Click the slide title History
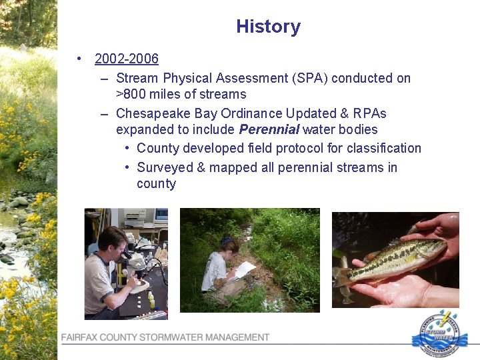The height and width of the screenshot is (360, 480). click(x=268, y=27)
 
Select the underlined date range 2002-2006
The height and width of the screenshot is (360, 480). click(x=127, y=59)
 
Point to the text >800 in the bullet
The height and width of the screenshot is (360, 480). click(x=132, y=95)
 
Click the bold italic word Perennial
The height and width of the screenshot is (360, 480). click(x=269, y=130)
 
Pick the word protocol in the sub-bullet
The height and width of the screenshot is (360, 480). click(x=285, y=148)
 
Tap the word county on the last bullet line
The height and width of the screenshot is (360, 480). click(x=156, y=184)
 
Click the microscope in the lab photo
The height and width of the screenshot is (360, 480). click(x=137, y=263)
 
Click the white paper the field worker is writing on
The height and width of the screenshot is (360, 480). click(x=244, y=269)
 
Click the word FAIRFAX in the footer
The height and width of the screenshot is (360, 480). click(x=81, y=338)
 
